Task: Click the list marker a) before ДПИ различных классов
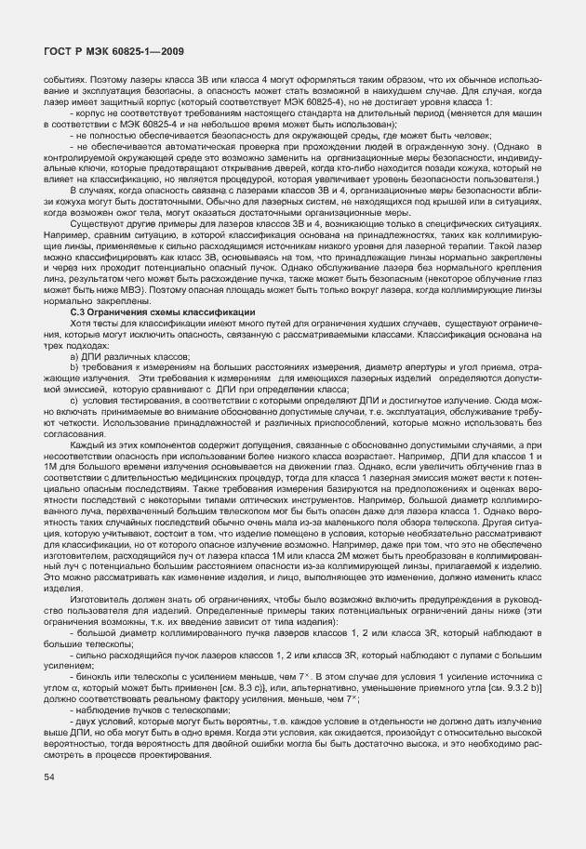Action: tap(73, 356)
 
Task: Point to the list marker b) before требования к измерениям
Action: tap(73, 368)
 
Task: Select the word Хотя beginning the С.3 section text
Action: tap(81, 322)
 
